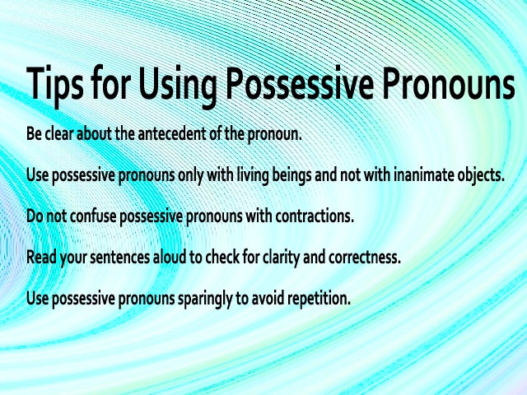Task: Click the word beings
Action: tap(291, 175)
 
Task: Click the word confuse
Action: tap(92, 216)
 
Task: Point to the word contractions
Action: tap(315, 216)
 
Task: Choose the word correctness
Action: tap(365, 258)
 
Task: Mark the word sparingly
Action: tap(205, 299)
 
